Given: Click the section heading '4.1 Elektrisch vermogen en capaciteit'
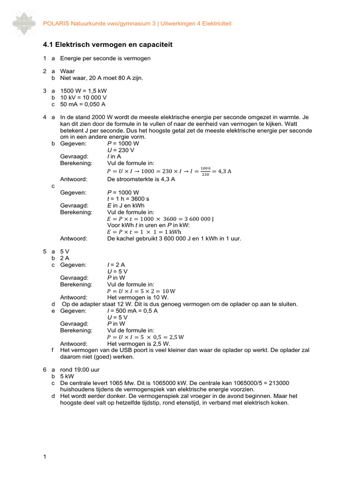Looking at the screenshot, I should pyautogui.click(x=107, y=45).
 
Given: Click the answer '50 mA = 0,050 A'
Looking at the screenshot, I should pyautogui.click(x=83, y=104).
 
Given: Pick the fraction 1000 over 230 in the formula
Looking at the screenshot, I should pyautogui.click(x=205, y=172).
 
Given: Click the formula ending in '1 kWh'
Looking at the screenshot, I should pyautogui.click(x=144, y=232).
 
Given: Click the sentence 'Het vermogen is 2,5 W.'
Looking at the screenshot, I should pyautogui.click(x=138, y=343).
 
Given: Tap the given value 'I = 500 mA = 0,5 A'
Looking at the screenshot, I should pyautogui.click(x=133, y=310).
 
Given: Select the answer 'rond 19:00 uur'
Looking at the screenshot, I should pyautogui.click(x=79, y=369).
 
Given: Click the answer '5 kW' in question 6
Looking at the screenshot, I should pyautogui.click(x=67, y=376).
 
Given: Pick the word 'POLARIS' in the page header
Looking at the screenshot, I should pyautogui.click(x=55, y=23).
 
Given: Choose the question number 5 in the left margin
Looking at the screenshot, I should pyautogui.click(x=44, y=251).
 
